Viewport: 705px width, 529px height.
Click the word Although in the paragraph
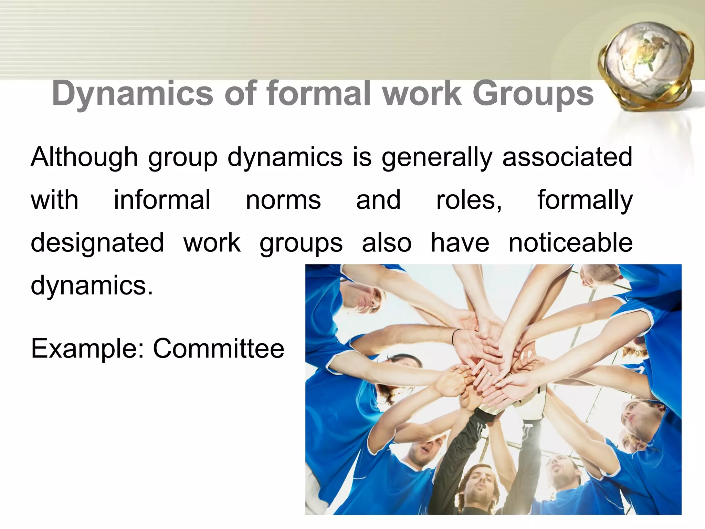click(x=84, y=157)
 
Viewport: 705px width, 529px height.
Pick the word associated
click(x=567, y=157)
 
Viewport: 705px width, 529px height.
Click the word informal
click(x=162, y=200)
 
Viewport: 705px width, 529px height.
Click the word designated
click(x=97, y=243)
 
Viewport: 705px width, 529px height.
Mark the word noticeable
click(x=570, y=243)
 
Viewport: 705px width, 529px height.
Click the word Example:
click(x=87, y=349)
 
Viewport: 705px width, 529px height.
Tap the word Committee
click(x=219, y=349)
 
